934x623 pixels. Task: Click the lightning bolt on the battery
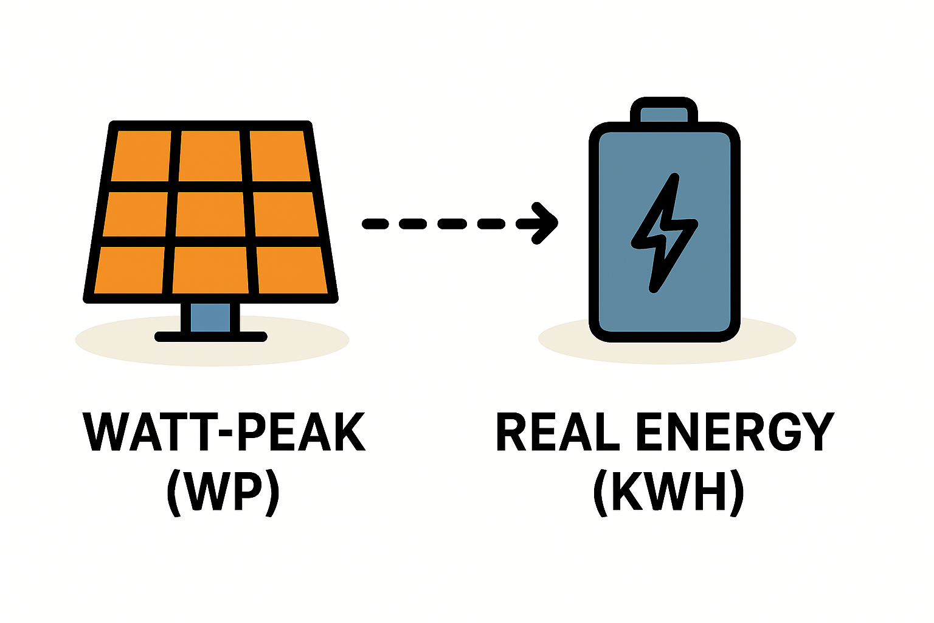664,233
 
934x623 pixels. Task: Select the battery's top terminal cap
664,110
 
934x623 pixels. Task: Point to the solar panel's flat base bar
210,336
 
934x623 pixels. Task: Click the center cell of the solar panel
210,214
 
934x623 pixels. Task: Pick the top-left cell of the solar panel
141,156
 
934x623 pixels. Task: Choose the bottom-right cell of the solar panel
292,270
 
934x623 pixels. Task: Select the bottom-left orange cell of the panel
129,270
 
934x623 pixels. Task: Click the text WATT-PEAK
224,432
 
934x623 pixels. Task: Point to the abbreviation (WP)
223,492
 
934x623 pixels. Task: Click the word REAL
558,432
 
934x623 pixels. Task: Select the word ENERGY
736,432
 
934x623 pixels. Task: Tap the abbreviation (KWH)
668,492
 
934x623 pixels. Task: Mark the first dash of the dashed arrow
375,224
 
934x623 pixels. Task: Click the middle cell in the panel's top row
210,156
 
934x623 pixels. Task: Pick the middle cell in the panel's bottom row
210,270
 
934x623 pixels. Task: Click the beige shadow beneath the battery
667,339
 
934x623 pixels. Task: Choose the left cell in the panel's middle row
135,214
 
